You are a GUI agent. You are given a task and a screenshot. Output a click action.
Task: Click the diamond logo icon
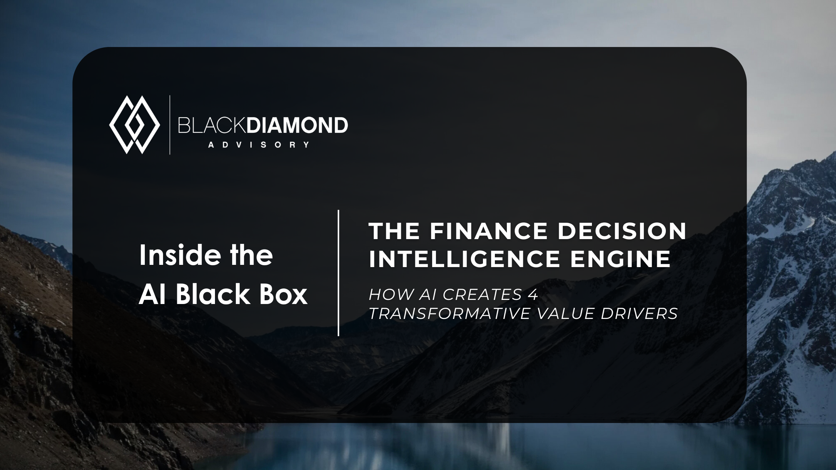134,125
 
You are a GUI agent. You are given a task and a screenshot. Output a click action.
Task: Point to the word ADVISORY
259,145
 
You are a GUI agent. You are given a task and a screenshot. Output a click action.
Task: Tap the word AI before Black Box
152,294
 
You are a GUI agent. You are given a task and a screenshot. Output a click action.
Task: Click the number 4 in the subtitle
533,295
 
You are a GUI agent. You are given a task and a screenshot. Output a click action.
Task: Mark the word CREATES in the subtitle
482,295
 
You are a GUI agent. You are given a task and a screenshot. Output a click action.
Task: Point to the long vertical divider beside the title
339,273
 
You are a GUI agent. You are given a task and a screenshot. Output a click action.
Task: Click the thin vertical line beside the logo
170,125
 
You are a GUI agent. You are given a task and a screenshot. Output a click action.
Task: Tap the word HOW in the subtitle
388,295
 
